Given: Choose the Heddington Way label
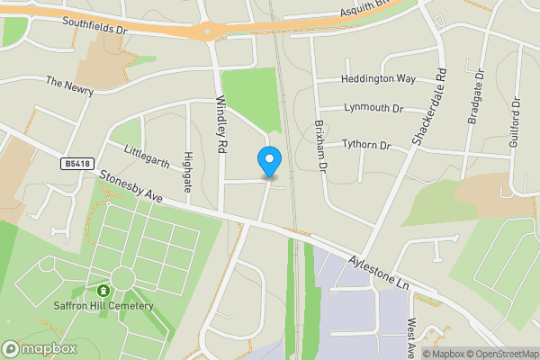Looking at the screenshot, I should click(x=379, y=79).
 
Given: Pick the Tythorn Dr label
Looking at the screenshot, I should click(x=367, y=145).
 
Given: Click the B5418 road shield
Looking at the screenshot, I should click(x=76, y=164).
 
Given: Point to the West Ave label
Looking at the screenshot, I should click(x=410, y=333).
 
